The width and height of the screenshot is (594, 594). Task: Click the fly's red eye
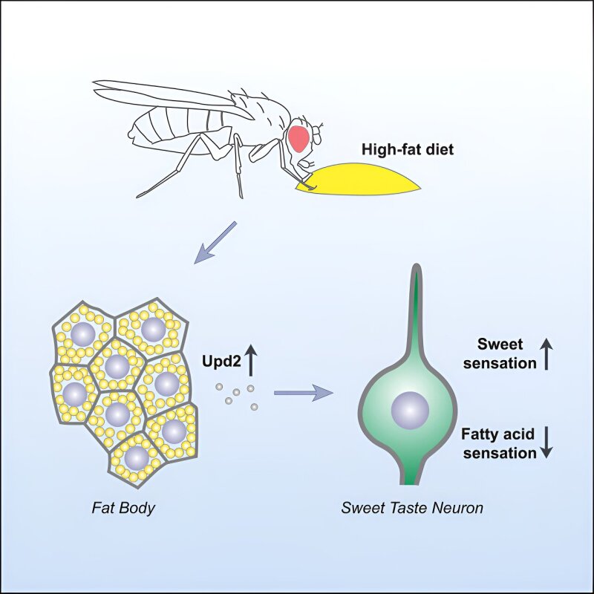coord(300,138)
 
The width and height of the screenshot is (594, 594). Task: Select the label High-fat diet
coord(407,149)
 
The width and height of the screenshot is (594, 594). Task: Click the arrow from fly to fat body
coord(214,242)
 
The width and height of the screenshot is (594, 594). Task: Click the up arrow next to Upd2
coord(250,362)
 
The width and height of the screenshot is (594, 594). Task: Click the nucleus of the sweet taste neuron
coord(410,409)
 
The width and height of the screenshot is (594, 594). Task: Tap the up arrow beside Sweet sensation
coord(546,353)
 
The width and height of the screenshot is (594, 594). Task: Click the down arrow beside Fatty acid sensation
coord(546,442)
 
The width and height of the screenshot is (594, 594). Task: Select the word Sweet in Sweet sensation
coord(500,345)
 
